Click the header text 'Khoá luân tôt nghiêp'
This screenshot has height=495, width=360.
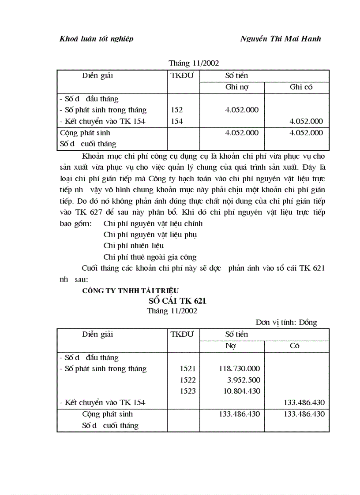(96, 39)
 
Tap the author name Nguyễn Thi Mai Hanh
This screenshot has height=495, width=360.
(281, 39)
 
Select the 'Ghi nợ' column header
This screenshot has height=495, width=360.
(237, 87)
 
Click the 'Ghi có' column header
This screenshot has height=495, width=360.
(301, 87)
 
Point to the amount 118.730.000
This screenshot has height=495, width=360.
(240, 369)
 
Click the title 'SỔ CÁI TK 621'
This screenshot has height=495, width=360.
(177, 301)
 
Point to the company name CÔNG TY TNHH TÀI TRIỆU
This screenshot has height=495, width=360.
(131, 290)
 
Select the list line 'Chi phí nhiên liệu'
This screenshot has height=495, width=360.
(134, 246)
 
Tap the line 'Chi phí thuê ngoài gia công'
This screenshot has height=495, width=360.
(150, 257)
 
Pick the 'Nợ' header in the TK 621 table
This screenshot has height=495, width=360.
(230, 346)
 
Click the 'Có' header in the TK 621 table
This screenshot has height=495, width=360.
(295, 346)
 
